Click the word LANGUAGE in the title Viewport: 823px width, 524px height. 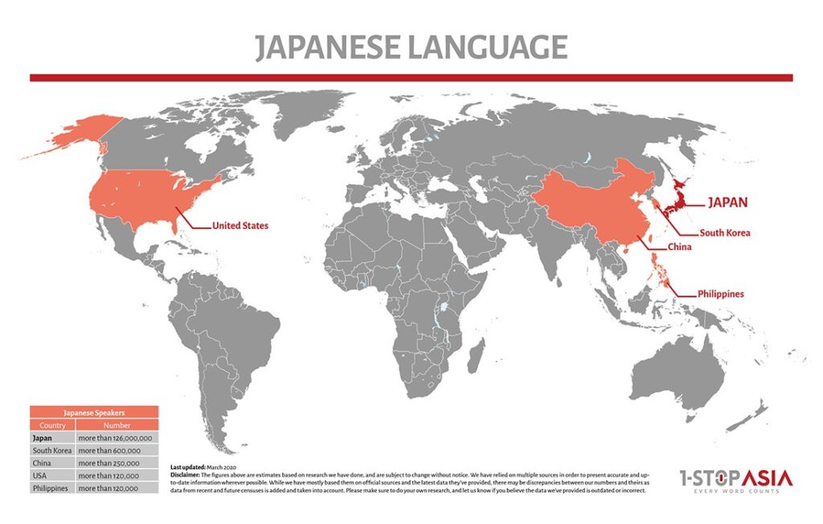(x=487, y=48)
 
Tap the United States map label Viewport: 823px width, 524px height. (x=240, y=226)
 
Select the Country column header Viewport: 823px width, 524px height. (x=52, y=425)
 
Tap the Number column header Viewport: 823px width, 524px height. (x=117, y=425)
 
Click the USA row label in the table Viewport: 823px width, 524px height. (x=41, y=476)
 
